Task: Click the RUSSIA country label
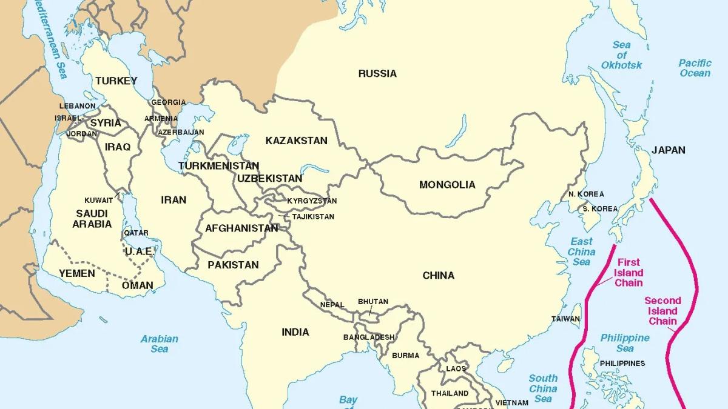pos(377,73)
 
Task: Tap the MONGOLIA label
pos(447,185)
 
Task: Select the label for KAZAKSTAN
pos(296,141)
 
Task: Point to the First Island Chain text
pos(628,273)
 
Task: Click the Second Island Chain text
pos(662,310)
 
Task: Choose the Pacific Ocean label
pos(695,68)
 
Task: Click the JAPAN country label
pos(669,150)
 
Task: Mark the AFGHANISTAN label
pos(241,228)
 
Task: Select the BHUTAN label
pos(373,301)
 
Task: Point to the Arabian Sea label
pos(160,344)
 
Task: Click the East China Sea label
pos(581,251)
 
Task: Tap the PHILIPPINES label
pos(622,363)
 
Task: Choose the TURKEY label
pos(116,81)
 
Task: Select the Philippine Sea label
pos(625,343)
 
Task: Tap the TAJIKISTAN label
pos(313,216)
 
